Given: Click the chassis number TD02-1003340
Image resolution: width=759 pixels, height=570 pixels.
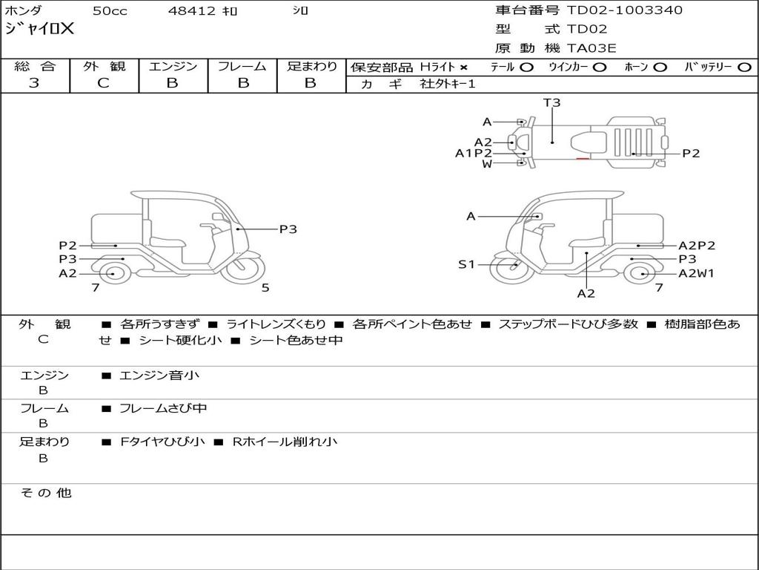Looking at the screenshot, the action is click(625, 10).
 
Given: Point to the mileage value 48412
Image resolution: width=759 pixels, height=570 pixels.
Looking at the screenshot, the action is click(192, 11).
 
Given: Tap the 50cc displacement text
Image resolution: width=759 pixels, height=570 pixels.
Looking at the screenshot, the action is click(110, 11).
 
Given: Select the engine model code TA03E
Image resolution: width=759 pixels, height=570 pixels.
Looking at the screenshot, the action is click(591, 49).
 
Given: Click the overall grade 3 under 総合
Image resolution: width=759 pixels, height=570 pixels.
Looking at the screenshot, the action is click(34, 83).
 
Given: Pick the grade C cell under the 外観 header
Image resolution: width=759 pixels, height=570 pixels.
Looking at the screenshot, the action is click(103, 83).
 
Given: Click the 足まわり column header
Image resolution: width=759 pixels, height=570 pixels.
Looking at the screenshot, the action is click(311, 67).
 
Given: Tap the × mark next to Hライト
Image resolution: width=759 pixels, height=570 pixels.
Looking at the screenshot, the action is click(463, 68).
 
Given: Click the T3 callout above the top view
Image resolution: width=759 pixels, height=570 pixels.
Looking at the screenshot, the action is click(552, 103).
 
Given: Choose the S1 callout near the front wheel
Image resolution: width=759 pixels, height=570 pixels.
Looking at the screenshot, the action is click(465, 264).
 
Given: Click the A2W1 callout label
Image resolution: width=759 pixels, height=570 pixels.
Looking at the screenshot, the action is click(696, 273).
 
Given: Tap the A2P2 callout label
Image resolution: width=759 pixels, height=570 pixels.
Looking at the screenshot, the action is click(697, 246).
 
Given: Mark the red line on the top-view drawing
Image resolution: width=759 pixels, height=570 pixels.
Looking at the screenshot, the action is click(583, 157).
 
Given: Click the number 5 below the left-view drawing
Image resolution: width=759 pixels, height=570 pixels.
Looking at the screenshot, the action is click(265, 288).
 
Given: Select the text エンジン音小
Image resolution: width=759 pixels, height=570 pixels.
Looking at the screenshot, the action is click(159, 376).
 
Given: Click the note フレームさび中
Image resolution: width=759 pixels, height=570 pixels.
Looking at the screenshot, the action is click(163, 408).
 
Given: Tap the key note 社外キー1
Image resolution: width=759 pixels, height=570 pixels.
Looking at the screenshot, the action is click(448, 84).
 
